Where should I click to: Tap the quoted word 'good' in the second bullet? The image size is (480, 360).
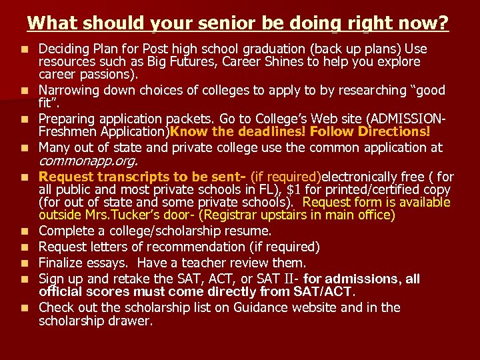click(x=391, y=89)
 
